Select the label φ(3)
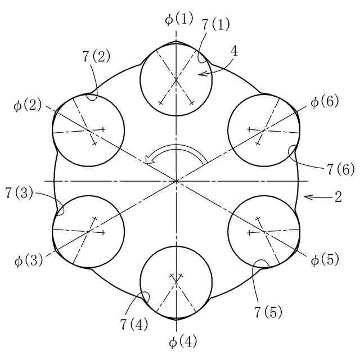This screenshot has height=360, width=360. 27,261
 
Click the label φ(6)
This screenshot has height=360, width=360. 325,103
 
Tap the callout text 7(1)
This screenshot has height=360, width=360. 215,24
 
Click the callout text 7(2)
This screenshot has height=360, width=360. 96,56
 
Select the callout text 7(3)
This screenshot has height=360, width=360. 20,193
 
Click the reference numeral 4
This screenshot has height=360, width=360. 234,52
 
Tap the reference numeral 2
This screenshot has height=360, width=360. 339,197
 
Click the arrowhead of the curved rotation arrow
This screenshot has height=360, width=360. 148,161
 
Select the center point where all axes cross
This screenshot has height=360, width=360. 177,181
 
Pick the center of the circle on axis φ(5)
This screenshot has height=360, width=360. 264,232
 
